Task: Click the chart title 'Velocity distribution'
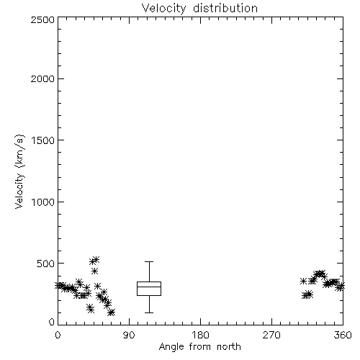click(199, 8)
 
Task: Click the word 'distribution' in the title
click(225, 8)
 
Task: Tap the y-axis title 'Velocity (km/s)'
click(19, 171)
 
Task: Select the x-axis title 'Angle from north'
click(199, 346)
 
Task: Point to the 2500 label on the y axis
click(42, 19)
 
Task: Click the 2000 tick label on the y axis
click(42, 78)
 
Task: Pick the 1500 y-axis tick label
click(43, 140)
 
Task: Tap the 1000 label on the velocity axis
click(43, 202)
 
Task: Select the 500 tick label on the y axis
click(46, 264)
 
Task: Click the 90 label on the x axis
click(129, 335)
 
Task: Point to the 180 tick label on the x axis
click(200, 335)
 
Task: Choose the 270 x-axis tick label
click(271, 335)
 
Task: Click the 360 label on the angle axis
click(343, 335)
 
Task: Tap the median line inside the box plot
click(149, 287)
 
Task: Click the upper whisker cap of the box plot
click(149, 261)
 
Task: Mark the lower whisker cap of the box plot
click(149, 312)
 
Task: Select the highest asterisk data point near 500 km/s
click(96, 259)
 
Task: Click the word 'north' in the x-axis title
click(229, 346)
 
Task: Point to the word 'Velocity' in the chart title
click(163, 9)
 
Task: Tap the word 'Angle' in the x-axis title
click(171, 347)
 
